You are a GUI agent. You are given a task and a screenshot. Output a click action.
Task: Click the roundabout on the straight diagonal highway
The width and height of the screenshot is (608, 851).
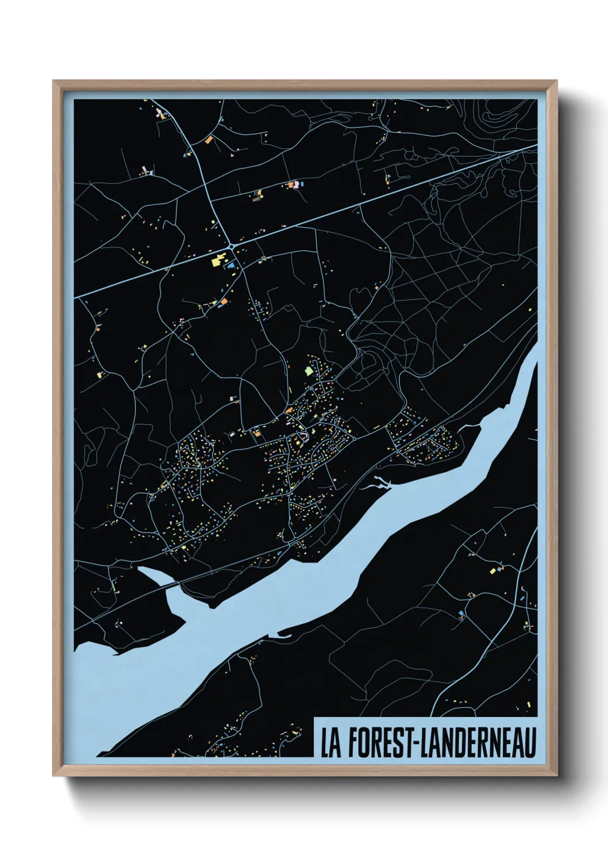point(232,246)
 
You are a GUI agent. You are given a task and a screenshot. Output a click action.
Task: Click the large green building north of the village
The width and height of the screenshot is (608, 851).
point(309,371)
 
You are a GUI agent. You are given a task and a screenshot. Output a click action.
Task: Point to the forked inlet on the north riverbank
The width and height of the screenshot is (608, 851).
point(379,483)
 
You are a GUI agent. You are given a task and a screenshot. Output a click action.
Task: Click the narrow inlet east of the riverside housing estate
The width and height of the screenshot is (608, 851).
point(468,427)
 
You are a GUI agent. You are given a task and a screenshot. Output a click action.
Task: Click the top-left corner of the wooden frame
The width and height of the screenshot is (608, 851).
point(54,82)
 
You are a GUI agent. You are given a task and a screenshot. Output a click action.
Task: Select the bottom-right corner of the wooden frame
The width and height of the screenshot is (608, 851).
point(556,775)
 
